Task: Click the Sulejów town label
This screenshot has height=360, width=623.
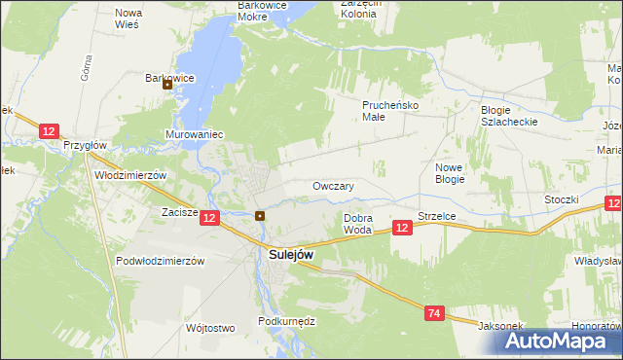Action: point(290,254)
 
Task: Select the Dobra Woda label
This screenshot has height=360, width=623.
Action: point(358,224)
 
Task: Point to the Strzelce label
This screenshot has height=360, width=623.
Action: point(437,216)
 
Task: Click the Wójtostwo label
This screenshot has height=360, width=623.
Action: point(210,328)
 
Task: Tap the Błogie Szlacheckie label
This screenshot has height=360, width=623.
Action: point(509,116)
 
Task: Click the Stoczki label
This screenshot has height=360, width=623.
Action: point(563,199)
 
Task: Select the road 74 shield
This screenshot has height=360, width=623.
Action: point(435,312)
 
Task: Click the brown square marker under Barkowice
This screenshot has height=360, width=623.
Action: point(167,84)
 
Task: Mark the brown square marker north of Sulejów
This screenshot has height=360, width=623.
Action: point(260,215)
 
